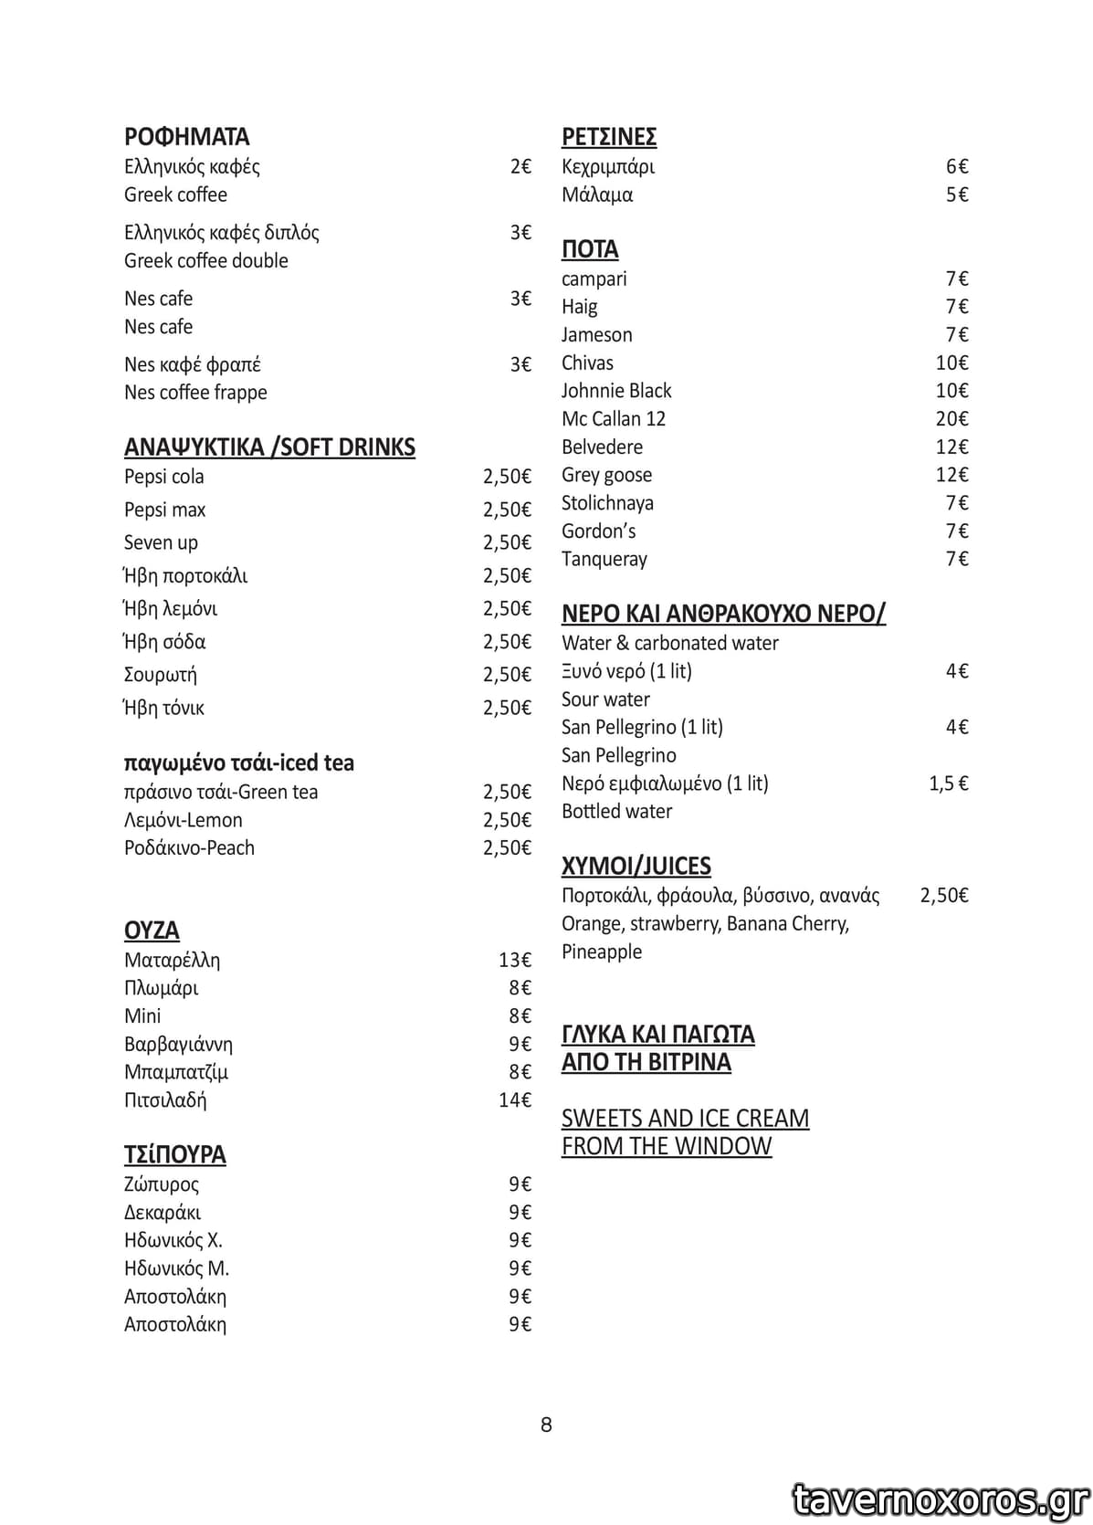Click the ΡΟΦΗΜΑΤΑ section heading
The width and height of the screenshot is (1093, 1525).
[x=186, y=137]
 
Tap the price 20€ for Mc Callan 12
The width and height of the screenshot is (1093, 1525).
[x=951, y=419]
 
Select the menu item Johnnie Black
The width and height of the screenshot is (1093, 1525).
[x=616, y=391]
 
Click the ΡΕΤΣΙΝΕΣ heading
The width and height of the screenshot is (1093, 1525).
[x=609, y=137]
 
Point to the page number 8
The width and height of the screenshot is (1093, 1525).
[x=546, y=1425]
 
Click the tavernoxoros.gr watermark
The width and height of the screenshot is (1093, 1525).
[x=941, y=1499]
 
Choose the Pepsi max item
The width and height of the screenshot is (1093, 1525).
[x=165, y=510]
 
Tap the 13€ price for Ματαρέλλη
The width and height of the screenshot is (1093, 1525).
[x=515, y=960]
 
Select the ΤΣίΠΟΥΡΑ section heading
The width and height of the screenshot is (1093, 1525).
[x=175, y=1155]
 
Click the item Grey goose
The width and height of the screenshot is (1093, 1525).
[x=606, y=475]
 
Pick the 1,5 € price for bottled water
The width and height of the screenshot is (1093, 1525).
[x=949, y=784]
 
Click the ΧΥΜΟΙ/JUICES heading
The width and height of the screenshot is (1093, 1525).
[x=636, y=867]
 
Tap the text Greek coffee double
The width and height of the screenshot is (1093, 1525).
[x=206, y=261]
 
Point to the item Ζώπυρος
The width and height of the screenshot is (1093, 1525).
[x=162, y=1184]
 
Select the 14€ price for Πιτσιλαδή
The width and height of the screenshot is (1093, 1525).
[x=515, y=1100]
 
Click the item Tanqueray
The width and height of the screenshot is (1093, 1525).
[x=604, y=559]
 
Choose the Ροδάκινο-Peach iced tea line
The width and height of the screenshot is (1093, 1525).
[x=190, y=848]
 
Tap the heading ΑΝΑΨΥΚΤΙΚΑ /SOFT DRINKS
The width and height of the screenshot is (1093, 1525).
[x=269, y=447]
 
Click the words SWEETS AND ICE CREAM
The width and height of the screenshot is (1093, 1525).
[x=685, y=1119]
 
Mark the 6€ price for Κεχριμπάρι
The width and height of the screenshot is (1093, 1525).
[x=957, y=166]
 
